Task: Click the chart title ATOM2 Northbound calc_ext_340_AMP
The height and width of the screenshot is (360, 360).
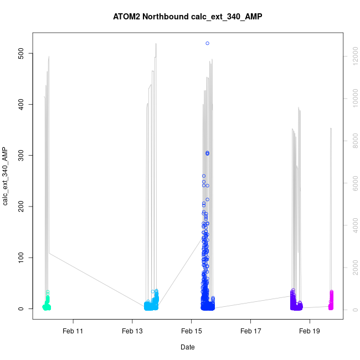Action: pos(187,17)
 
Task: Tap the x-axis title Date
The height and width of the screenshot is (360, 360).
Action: pos(187,347)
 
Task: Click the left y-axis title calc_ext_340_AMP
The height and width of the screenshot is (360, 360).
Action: pos(6,176)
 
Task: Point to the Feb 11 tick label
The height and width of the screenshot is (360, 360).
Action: pos(73,331)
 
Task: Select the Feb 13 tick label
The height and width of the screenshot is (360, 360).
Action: pos(132,331)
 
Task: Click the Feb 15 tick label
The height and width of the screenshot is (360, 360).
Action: pos(191,331)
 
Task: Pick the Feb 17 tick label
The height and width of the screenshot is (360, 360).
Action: pos(250,331)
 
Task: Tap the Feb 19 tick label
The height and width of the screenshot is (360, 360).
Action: pos(310,331)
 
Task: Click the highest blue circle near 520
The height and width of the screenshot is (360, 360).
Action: pos(207,43)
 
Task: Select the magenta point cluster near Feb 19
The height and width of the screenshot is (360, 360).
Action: pos(331,302)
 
